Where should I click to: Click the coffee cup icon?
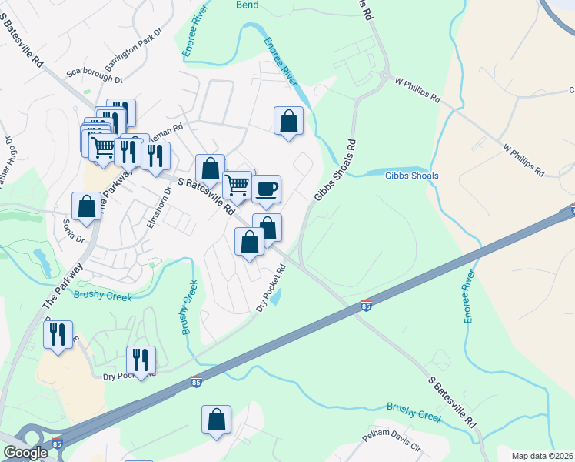pyautogui.click(x=266, y=189)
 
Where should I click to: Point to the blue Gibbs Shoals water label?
pyautogui.click(x=411, y=176)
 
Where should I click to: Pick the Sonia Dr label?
pyautogui.click(x=74, y=230)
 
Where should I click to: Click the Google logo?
pyautogui.click(x=25, y=453)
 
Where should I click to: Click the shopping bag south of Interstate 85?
pyautogui.click(x=217, y=420)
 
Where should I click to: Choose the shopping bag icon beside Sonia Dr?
pyautogui.click(x=86, y=206)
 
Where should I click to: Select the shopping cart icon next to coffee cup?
pyautogui.click(x=238, y=186)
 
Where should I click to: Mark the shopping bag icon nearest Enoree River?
pyautogui.click(x=288, y=121)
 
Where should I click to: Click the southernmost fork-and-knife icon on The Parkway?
pyautogui.click(x=58, y=335)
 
